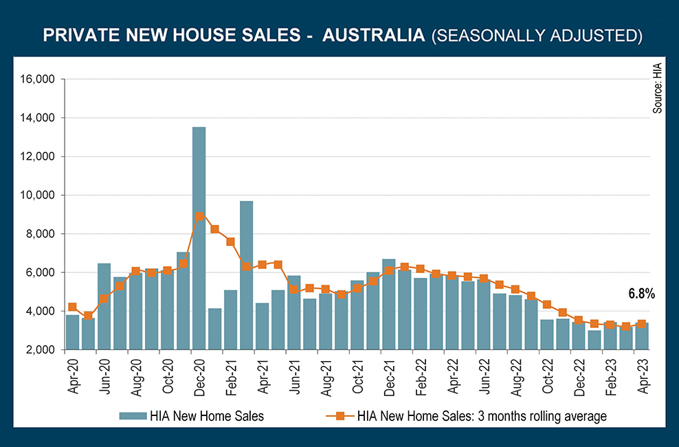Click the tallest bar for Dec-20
[x=199, y=238]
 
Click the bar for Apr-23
[x=641, y=336]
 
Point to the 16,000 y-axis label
[x=38, y=80]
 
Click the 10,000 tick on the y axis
[x=38, y=195]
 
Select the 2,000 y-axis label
[x=41, y=350]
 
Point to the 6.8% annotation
[x=641, y=294]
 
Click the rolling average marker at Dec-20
[x=199, y=216]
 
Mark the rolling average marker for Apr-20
[x=72, y=307]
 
